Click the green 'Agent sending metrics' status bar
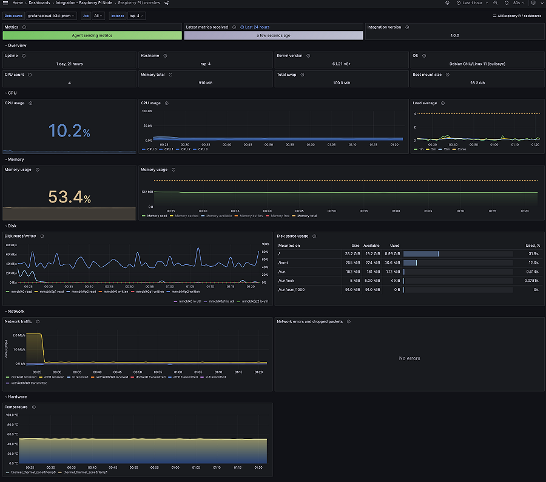(x=92, y=35)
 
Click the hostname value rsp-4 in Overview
(x=205, y=64)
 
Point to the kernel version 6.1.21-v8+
(x=341, y=64)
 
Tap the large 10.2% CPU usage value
(x=69, y=130)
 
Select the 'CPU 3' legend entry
(x=203, y=149)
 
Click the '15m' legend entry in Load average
(x=447, y=149)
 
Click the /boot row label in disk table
(x=283, y=263)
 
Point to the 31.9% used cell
(x=533, y=253)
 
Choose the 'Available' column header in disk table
(x=371, y=246)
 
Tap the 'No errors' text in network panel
(x=409, y=358)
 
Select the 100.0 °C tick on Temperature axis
(x=12, y=415)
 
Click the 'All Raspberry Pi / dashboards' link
(x=517, y=16)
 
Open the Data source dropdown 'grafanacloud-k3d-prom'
(x=52, y=16)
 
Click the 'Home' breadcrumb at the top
(x=18, y=3)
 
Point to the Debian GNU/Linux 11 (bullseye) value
(x=477, y=64)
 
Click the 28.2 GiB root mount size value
(x=477, y=83)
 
